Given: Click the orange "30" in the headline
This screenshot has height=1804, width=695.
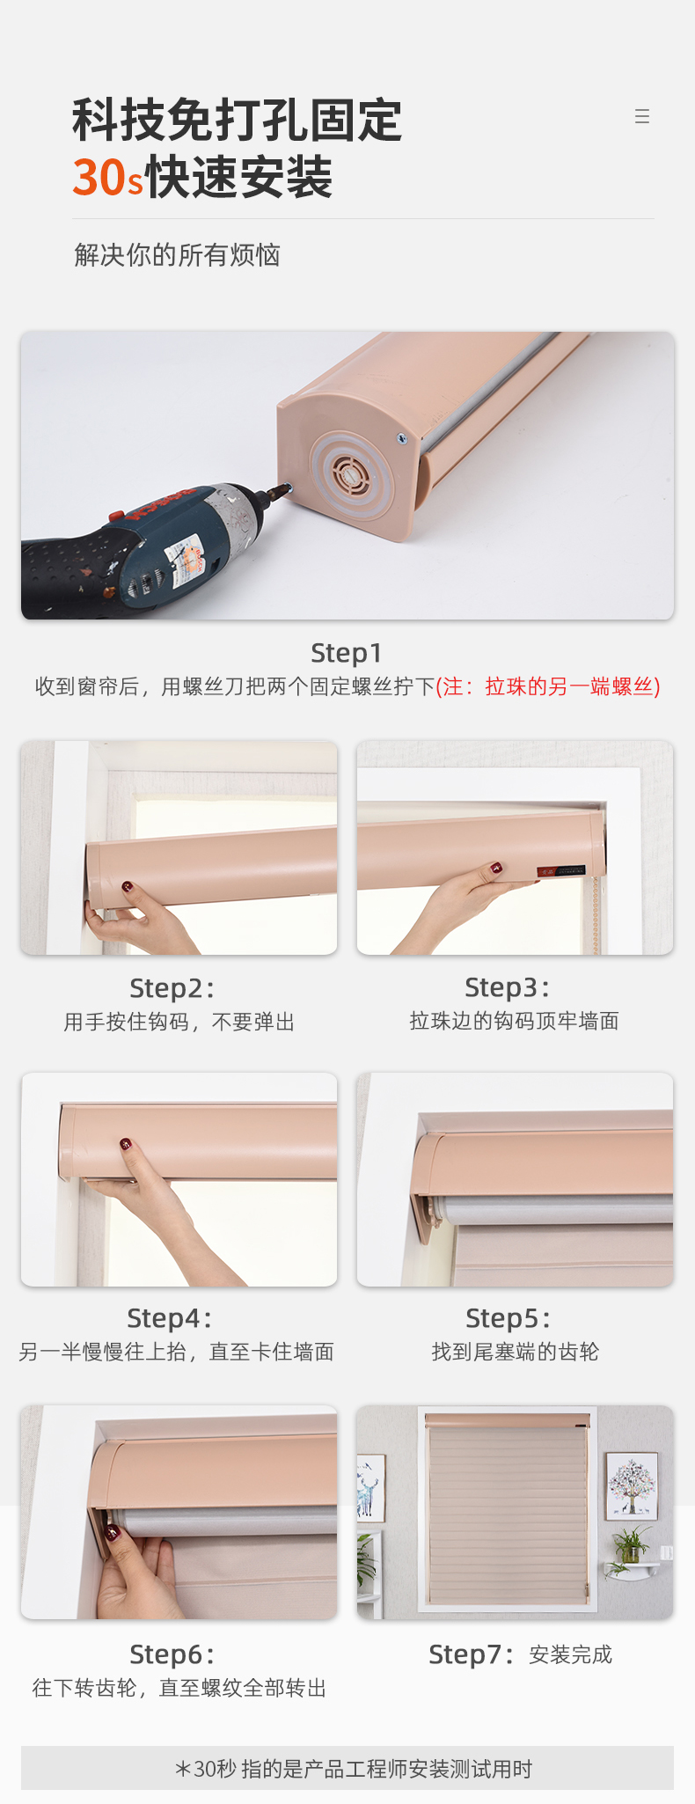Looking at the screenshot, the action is tap(100, 178).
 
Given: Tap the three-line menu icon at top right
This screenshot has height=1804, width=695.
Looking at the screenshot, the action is tap(642, 116).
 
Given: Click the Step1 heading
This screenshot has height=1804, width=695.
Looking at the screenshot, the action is tap(347, 653).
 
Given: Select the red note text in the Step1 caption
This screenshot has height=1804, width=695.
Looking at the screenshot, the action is tap(548, 686).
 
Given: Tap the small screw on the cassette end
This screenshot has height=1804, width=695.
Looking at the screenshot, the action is tap(402, 437).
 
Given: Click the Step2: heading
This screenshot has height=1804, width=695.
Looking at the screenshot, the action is tap(172, 988).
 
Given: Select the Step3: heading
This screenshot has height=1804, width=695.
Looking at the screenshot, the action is tap(508, 987).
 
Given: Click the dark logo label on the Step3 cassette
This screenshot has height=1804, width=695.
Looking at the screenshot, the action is tap(561, 870).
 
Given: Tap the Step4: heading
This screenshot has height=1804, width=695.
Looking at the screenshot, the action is tap(170, 1318).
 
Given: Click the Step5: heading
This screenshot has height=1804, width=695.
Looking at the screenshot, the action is tap(508, 1318).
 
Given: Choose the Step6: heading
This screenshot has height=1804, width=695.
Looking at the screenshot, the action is tap(172, 1654).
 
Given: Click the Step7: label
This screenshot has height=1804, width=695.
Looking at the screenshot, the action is tap(472, 1654).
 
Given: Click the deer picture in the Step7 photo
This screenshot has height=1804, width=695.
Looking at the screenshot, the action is tap(370, 1488).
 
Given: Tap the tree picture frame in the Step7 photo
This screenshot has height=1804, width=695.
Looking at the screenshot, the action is tap(632, 1485).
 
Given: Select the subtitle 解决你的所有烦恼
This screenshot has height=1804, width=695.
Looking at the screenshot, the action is tap(177, 255).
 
